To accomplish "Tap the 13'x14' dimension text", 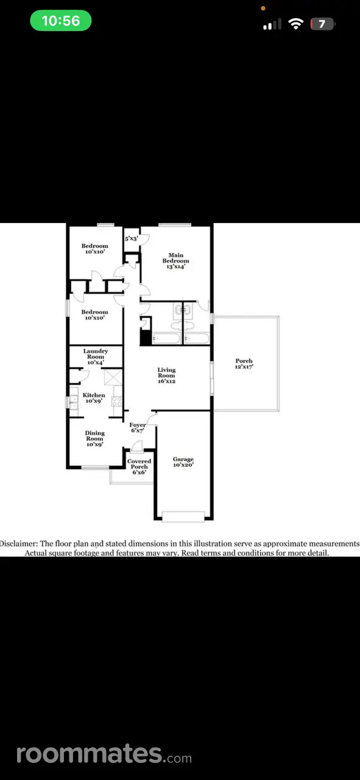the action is point(176,266).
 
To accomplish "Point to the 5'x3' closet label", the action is point(132,238).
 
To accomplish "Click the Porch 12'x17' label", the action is point(244,364).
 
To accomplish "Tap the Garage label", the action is point(183,459).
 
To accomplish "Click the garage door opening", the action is point(183,516).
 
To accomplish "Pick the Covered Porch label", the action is point(139,464).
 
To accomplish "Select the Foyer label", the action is point(138,425).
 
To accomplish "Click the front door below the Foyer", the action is point(137,447).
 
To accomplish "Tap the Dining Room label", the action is point(94,436).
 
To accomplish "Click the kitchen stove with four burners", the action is point(116,401).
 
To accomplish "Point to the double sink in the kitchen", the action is point(74,402).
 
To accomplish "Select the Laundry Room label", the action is point(96,354).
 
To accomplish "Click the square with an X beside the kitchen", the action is point(113,377).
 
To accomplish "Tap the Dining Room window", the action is point(95,467).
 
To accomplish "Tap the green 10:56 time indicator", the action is point(61,21).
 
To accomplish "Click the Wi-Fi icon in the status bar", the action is point(295,24).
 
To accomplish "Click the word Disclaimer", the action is point(18,544).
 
